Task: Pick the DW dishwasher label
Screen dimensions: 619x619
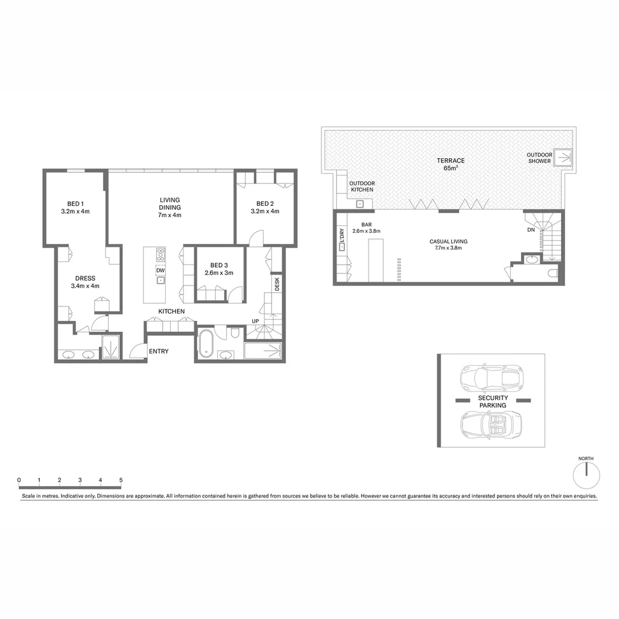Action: tap(160, 271)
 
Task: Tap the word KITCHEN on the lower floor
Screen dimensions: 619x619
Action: tap(172, 311)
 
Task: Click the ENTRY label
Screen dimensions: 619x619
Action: tap(159, 351)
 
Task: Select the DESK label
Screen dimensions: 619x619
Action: tap(277, 284)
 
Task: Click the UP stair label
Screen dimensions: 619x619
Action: tap(256, 321)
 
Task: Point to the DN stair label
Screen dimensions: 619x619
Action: tap(531, 230)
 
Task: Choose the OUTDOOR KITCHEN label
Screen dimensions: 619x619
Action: tap(362, 186)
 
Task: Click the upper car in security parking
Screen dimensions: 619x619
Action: tap(491, 377)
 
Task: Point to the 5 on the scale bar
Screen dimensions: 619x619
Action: tap(121, 480)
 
